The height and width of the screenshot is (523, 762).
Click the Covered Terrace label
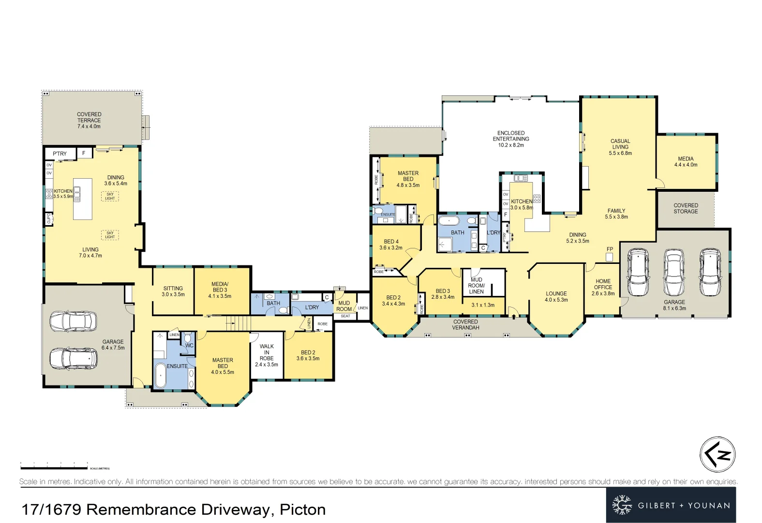pyautogui.click(x=89, y=120)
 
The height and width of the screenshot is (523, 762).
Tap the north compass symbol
pyautogui.click(x=717, y=454)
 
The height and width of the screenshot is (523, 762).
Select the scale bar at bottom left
pyautogui.click(x=54, y=467)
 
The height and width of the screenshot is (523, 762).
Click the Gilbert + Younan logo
pyautogui.click(x=671, y=505)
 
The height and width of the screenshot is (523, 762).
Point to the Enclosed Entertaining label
pyautogui.click(x=511, y=138)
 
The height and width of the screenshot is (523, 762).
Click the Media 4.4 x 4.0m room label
pyautogui.click(x=686, y=161)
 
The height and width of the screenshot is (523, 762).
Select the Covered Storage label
pyautogui.click(x=686, y=208)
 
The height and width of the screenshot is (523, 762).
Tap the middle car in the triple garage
pyautogui.click(x=674, y=272)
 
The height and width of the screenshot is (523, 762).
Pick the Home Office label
pyautogui.click(x=603, y=287)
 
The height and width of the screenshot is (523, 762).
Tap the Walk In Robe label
pyautogui.click(x=267, y=355)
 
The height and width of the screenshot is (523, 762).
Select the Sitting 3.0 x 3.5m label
pyautogui.click(x=173, y=291)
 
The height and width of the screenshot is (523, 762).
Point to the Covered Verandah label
pyautogui.click(x=465, y=324)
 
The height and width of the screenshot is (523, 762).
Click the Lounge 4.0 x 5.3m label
pyautogui.click(x=556, y=296)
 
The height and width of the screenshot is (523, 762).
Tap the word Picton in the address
pyautogui.click(x=302, y=509)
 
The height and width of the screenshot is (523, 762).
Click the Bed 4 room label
pyautogui.click(x=391, y=244)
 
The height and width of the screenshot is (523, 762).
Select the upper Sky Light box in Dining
pyautogui.click(x=110, y=196)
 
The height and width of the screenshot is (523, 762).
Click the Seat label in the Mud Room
pyautogui.click(x=345, y=316)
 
